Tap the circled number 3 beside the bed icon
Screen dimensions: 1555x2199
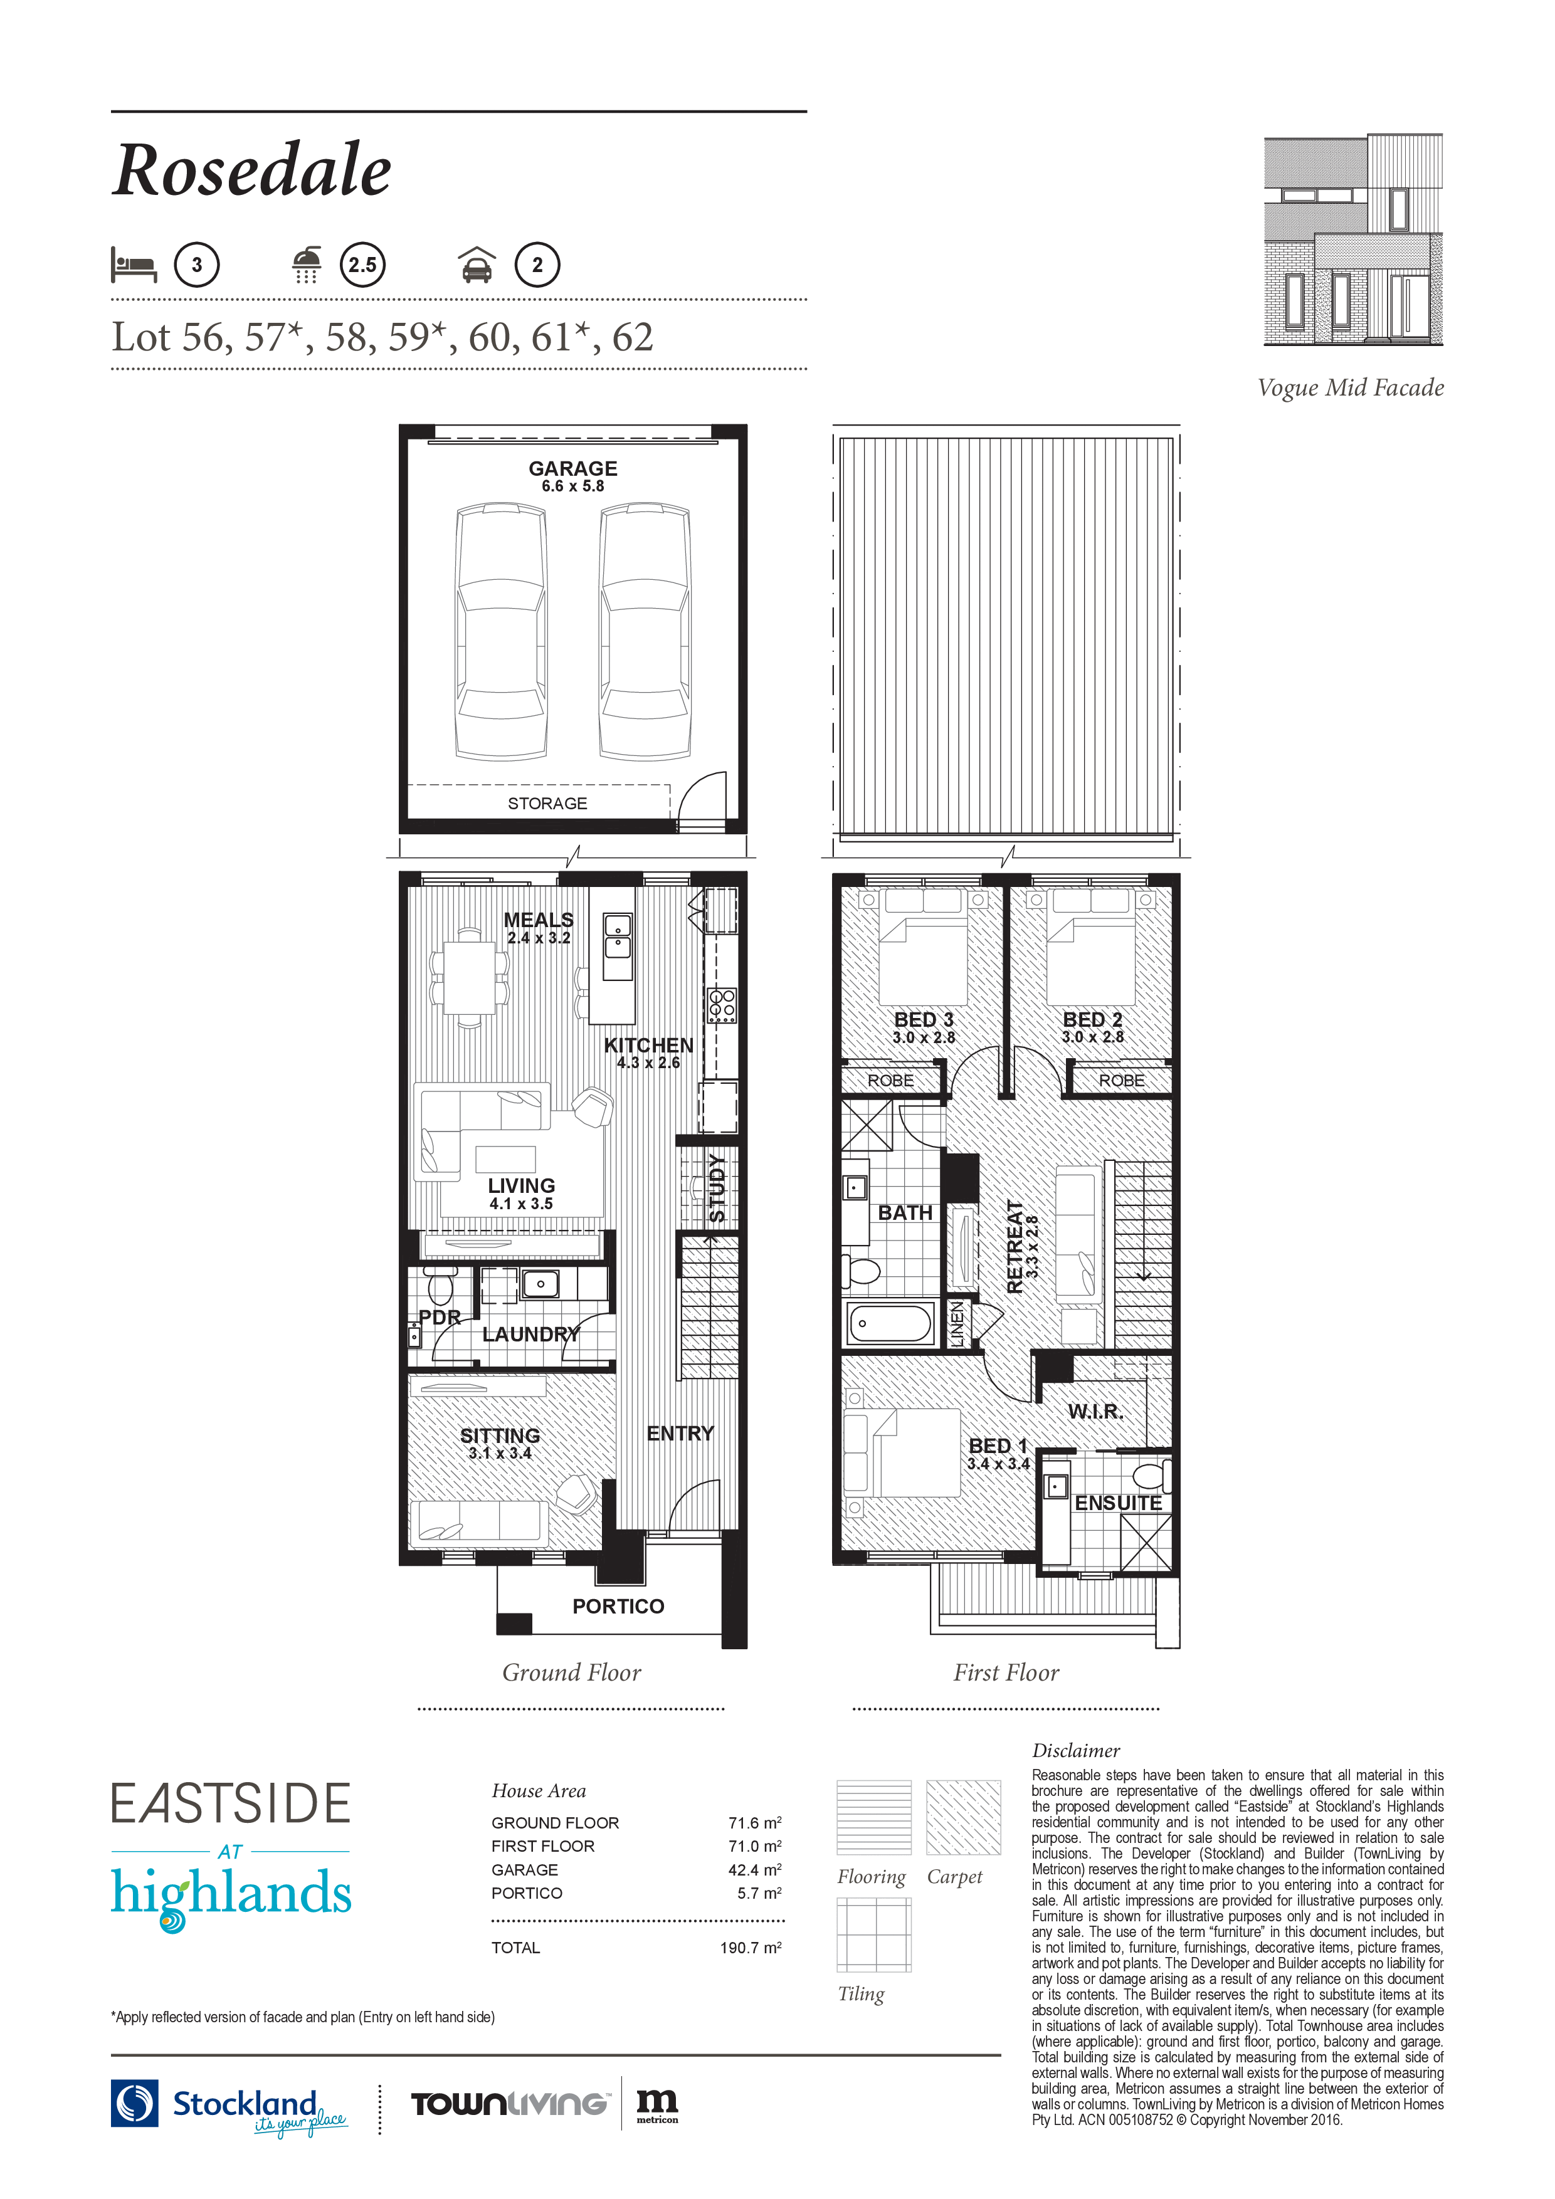196,265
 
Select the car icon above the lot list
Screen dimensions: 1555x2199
477,265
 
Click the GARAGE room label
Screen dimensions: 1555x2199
573,468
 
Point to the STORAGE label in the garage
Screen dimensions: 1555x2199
547,804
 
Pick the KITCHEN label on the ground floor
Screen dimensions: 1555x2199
648,1045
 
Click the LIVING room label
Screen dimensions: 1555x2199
521,1186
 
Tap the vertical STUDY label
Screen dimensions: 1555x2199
717,1189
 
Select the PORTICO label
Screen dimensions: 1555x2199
618,1606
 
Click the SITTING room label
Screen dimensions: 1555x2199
500,1435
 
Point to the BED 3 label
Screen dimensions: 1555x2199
924,1020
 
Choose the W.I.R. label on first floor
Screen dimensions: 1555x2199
1096,1412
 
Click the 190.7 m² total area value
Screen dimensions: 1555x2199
751,1947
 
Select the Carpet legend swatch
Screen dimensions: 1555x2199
963,1817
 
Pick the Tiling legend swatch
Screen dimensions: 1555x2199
874,1934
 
